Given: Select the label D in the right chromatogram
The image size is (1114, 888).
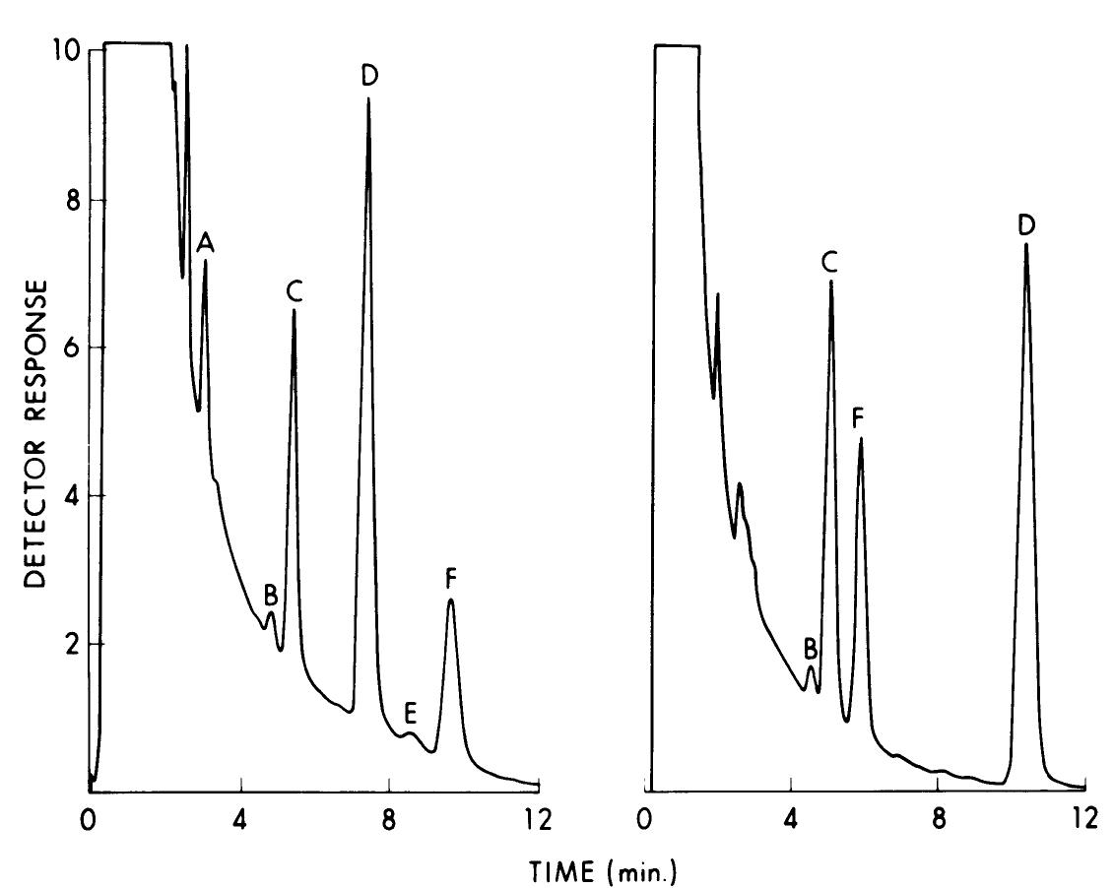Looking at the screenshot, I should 1026,225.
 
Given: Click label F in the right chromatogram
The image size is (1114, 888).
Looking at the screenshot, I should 859,419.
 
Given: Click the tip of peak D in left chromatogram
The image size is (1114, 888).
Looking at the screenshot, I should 369,98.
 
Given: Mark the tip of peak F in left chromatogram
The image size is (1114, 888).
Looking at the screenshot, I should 450,600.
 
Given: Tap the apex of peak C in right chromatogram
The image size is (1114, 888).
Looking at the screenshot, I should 831,282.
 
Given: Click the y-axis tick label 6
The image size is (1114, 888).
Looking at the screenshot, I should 72,349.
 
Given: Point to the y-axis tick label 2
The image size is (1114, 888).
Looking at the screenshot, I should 72,644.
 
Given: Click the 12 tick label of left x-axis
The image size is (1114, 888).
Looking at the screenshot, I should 539,819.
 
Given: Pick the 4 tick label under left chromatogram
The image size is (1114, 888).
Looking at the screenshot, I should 239,819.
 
